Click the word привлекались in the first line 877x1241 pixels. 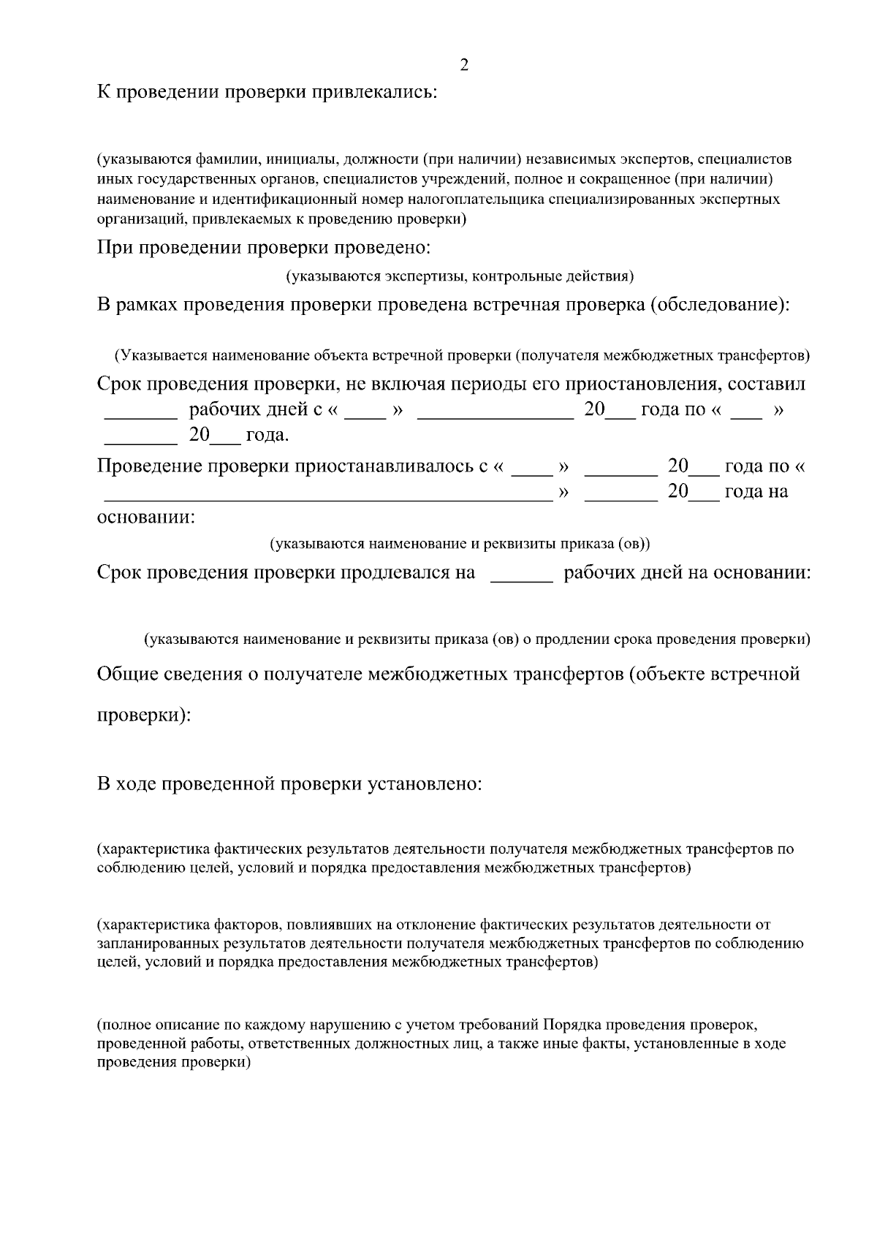tap(375, 93)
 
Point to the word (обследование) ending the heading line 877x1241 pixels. tap(719, 305)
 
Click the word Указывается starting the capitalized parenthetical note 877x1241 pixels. tap(164, 356)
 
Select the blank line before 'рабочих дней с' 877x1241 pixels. tap(141, 417)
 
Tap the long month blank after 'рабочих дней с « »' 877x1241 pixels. tap(495, 417)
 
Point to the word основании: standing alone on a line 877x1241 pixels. tap(146, 517)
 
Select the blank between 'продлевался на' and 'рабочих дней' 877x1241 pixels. tap(521, 581)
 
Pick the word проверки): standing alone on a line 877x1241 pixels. tap(144, 715)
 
